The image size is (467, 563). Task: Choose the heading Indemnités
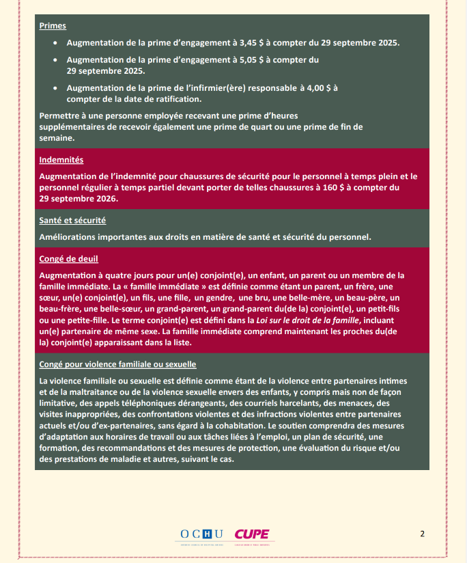coord(61,160)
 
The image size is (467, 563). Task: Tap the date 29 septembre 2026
coord(79,199)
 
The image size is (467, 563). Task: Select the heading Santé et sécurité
coord(72,220)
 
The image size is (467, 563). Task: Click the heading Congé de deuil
coord(69,259)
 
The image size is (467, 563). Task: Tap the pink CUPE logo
coord(251,534)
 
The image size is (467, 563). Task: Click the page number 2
coord(423,534)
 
